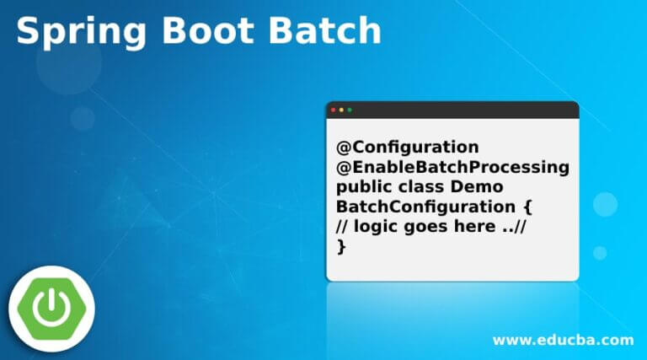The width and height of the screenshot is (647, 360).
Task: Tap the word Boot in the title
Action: pos(208,30)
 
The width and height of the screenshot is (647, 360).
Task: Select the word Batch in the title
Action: pos(325,30)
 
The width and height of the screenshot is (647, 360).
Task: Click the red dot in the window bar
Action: pos(334,110)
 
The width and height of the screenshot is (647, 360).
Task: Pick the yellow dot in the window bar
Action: pos(341,110)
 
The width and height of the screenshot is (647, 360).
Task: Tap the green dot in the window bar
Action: pos(350,110)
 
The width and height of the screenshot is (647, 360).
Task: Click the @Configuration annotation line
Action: pos(408,148)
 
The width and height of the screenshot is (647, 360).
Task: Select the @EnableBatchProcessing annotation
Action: pos(452,168)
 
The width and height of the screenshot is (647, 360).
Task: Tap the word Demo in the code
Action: pos(477,186)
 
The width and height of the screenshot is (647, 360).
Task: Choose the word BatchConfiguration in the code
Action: pos(425,207)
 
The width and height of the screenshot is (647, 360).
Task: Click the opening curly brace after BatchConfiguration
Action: pos(527,207)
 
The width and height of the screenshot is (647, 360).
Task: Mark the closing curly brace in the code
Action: pos(341,246)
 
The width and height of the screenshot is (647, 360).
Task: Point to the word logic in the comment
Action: pos(376,227)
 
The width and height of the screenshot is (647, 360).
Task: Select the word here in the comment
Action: pos(475,226)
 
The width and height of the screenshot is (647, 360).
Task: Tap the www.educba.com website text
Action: pos(564,340)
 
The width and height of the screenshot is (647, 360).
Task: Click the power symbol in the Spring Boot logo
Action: pos(51,307)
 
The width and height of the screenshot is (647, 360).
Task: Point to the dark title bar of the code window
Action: pos(452,110)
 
